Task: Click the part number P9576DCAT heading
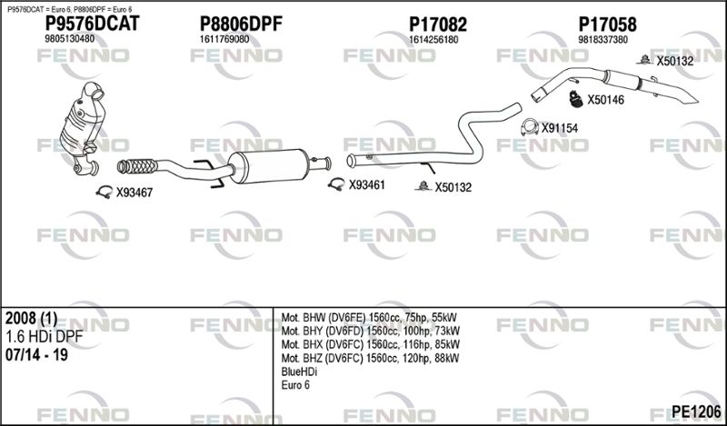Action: tap(92, 24)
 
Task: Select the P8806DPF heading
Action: tap(241, 25)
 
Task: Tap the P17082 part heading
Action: tap(438, 25)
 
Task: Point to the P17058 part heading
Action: tap(607, 25)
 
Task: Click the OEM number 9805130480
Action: tap(70, 39)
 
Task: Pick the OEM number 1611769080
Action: tap(224, 39)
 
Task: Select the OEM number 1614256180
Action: tap(433, 40)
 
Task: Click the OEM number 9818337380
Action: tap(603, 40)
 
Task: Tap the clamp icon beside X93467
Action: tap(105, 192)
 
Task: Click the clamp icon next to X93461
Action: tap(336, 184)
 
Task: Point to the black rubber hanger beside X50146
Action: tap(576, 99)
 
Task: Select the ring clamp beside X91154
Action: tap(530, 127)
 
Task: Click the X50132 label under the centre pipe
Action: tap(453, 187)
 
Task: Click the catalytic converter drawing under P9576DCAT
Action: tap(83, 128)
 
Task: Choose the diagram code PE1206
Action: tap(696, 411)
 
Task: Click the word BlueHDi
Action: tap(299, 372)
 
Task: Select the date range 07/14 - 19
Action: tap(36, 355)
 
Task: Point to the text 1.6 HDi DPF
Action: tap(44, 337)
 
